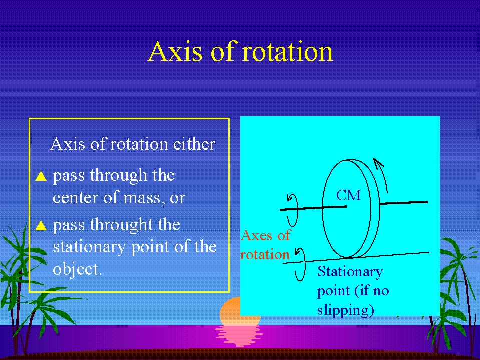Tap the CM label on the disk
[349, 195]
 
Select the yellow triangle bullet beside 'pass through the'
[41, 176]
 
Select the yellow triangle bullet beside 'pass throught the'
[41, 225]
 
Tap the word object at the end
[77, 269]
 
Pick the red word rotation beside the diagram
[265, 255]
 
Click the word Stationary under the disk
[350, 272]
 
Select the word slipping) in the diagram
[346, 310]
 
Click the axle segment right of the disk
[404, 202]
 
